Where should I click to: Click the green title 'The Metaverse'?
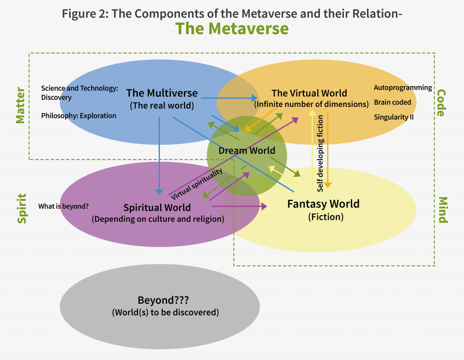pos(232,29)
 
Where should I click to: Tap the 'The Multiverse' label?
pos(162,93)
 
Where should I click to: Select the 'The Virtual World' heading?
pos(309,93)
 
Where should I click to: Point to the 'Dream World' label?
pos(246,151)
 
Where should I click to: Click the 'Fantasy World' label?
pos(323,204)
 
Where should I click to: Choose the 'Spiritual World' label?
pos(157,208)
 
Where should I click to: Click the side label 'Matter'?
pos(20,105)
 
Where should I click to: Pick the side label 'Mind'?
pos(443,210)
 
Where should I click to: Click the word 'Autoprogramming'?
pos(403,88)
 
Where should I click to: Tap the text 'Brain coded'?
pos(392,102)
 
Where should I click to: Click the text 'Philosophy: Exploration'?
pos(78,116)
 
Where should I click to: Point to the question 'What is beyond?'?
pos(63,206)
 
